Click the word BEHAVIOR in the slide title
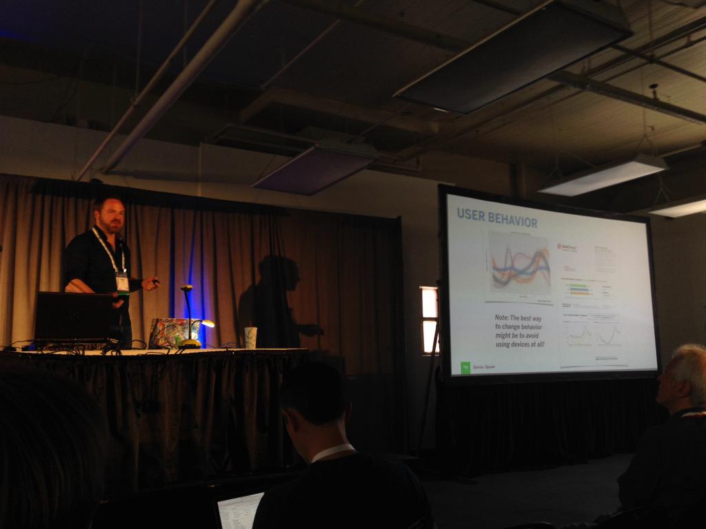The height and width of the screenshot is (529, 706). (512, 221)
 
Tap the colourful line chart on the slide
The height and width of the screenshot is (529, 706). (519, 268)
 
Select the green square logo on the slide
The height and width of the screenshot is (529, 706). (465, 367)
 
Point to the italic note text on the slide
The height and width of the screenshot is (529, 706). (520, 330)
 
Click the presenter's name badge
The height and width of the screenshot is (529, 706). (122, 282)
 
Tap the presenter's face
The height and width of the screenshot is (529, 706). (112, 216)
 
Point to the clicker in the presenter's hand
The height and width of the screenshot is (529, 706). (155, 281)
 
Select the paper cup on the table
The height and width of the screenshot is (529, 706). (250, 337)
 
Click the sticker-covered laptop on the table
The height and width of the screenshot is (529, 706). (172, 332)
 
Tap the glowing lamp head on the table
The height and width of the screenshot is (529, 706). (207, 323)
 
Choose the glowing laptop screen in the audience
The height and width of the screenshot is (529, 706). (240, 510)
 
